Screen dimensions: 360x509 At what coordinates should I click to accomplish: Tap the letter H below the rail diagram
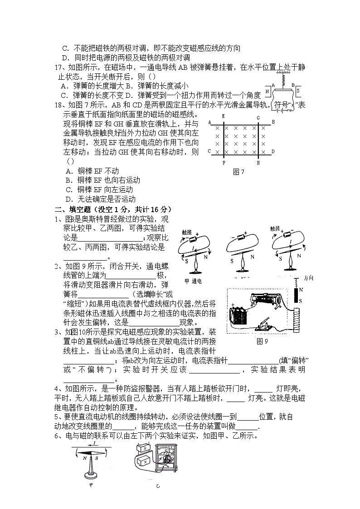coord(258,162)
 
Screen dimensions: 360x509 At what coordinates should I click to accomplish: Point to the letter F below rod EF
coord(224,162)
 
